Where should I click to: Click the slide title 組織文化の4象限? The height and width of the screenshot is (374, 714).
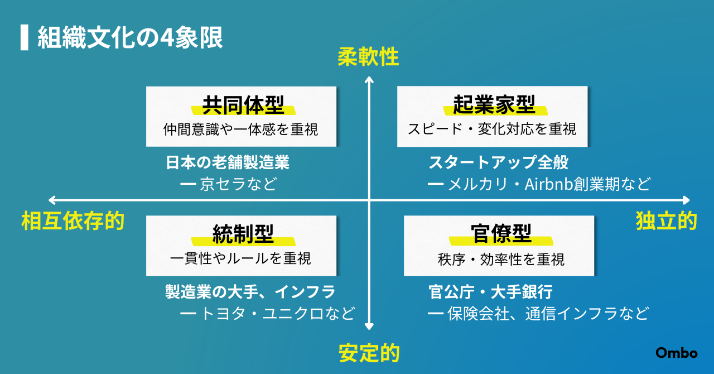(130, 37)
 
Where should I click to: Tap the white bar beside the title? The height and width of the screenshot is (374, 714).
(25, 37)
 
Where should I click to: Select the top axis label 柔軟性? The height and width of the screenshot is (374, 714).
(368, 57)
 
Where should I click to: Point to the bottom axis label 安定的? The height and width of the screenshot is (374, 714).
(369, 353)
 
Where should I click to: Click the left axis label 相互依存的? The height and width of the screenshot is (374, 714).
(73, 220)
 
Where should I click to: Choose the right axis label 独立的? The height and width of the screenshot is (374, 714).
(667, 220)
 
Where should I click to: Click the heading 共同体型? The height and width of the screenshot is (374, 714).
(243, 105)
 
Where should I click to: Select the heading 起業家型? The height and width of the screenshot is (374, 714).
(494, 105)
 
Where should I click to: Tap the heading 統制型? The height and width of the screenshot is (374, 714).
(243, 234)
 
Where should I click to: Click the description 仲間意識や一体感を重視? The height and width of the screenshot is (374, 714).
(240, 130)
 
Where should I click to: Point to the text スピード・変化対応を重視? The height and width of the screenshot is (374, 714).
(492, 130)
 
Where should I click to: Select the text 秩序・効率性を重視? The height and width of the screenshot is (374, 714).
(501, 259)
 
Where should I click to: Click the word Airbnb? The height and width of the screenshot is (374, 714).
(548, 184)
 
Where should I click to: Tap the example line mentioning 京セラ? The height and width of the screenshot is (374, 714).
(229, 184)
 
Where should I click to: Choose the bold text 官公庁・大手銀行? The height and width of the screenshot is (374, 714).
(490, 292)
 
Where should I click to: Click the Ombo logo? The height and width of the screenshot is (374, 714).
(677, 353)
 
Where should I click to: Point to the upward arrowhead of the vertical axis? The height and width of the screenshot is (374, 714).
(369, 79)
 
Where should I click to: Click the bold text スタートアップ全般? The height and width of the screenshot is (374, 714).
(499, 162)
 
